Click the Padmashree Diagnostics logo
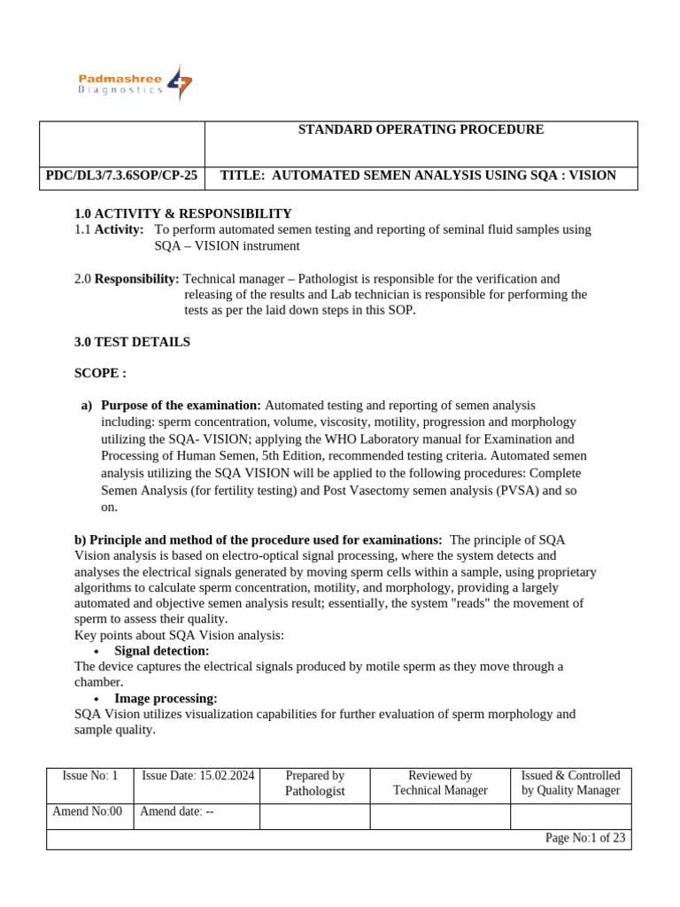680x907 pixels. (x=135, y=83)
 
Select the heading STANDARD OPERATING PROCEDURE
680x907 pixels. (x=421, y=130)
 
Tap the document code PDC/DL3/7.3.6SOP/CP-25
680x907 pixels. (x=122, y=175)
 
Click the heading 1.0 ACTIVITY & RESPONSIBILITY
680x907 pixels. (x=183, y=213)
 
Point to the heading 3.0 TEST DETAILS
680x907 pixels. (x=132, y=342)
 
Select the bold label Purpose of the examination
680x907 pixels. (x=182, y=405)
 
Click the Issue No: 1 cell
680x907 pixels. (x=90, y=776)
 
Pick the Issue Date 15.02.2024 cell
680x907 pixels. (x=198, y=776)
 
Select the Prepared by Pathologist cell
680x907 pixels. (x=315, y=783)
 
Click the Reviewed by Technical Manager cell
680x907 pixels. (x=440, y=783)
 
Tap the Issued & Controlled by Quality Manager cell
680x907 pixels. (x=571, y=783)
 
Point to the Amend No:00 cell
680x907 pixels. (x=88, y=811)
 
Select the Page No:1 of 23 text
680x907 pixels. (x=585, y=838)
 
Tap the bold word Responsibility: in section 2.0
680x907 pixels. (x=136, y=279)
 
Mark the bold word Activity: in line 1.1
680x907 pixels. (x=119, y=229)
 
